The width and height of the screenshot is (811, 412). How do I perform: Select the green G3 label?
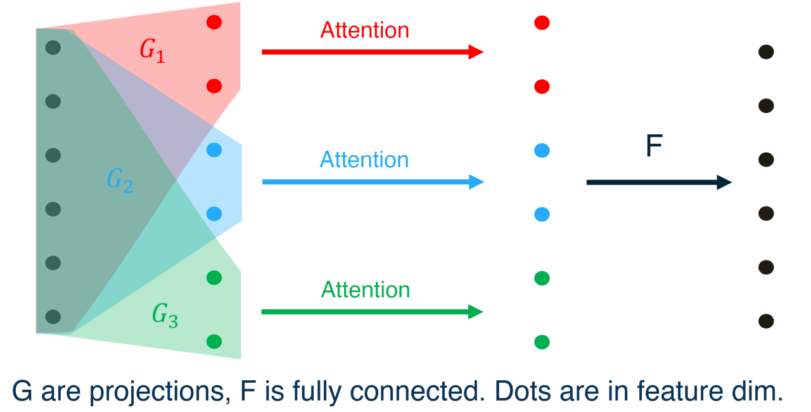[165, 314]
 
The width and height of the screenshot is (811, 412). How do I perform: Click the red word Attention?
[364, 30]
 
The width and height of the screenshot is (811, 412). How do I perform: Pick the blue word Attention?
[364, 159]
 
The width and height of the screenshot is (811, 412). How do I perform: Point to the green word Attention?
[366, 290]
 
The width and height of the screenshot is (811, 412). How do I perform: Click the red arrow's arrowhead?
[476, 52]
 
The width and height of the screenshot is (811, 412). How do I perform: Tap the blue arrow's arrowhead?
[476, 183]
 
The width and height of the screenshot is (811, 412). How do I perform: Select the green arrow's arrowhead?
[476, 312]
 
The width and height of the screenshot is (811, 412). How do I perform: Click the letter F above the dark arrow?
[653, 147]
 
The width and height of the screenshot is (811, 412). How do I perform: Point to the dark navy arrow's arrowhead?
[724, 183]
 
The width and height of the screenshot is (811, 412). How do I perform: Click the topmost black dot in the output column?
[766, 52]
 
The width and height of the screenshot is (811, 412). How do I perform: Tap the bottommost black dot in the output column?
[766, 321]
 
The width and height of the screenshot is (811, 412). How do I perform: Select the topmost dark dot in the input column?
[53, 48]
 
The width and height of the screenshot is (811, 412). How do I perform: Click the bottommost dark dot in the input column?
[53, 316]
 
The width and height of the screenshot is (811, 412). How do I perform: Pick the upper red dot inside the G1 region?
[214, 22]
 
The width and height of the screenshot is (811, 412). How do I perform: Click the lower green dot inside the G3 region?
[214, 342]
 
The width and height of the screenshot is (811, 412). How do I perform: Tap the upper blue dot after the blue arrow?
[542, 150]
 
